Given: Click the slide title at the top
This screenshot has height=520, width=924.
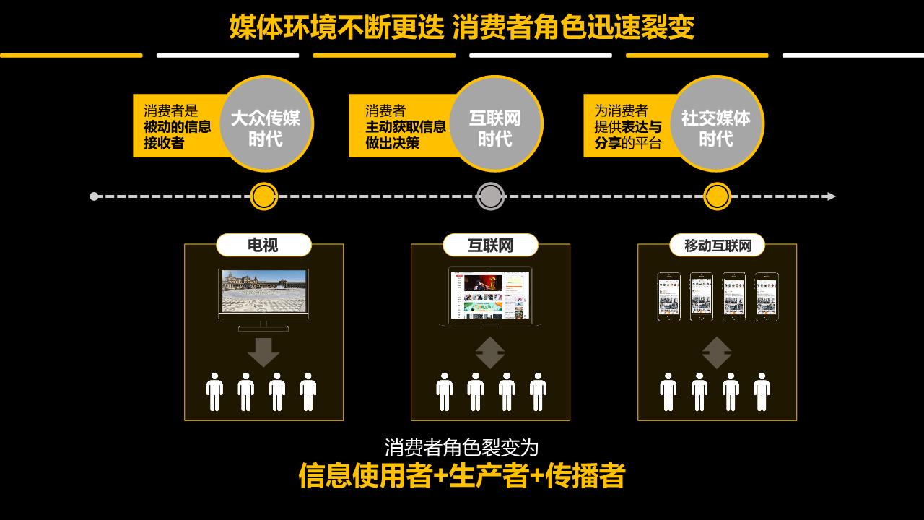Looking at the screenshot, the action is (462, 27).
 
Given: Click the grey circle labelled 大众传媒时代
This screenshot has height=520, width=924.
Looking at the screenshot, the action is (266, 124).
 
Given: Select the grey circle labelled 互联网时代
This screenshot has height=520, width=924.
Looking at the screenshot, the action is (495, 124).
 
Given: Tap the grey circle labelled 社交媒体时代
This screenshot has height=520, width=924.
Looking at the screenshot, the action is (716, 124).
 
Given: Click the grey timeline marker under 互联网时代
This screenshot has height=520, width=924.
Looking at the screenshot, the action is (491, 196).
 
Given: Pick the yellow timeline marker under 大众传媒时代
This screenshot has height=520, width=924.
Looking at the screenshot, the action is (264, 196).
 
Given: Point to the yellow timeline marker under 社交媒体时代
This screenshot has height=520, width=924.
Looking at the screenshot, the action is (717, 196).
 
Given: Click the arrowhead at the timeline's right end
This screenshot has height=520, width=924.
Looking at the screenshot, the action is (832, 196).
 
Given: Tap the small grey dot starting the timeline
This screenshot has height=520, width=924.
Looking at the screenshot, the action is (94, 196).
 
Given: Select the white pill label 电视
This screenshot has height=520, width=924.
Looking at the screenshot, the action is (263, 246).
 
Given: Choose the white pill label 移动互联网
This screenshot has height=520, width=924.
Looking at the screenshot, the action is (717, 246).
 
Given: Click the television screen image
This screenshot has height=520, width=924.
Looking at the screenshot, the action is (263, 292).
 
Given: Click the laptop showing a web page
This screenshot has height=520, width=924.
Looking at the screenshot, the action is (490, 295).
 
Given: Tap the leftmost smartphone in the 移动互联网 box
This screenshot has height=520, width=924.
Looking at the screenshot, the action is (668, 296).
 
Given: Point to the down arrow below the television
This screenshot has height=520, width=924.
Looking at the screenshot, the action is (263, 352).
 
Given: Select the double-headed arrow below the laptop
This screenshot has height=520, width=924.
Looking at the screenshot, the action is (490, 352).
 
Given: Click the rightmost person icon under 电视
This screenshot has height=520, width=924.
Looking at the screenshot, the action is (308, 392).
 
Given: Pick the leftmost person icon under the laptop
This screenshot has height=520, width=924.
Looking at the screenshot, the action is (444, 392).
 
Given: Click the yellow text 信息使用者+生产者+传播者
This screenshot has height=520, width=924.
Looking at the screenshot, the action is (462, 476).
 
